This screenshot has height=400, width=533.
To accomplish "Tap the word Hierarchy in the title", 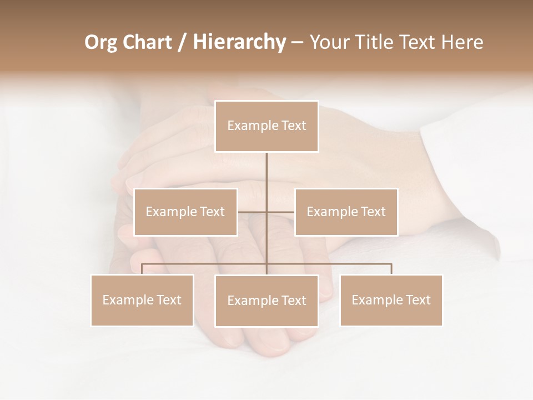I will point(239,42).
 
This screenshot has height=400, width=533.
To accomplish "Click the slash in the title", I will point(182,42).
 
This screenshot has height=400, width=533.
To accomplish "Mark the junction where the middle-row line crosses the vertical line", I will point(266,212).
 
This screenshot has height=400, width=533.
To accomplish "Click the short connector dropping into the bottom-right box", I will point(391,269).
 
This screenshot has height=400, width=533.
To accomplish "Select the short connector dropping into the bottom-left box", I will point(142,269).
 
